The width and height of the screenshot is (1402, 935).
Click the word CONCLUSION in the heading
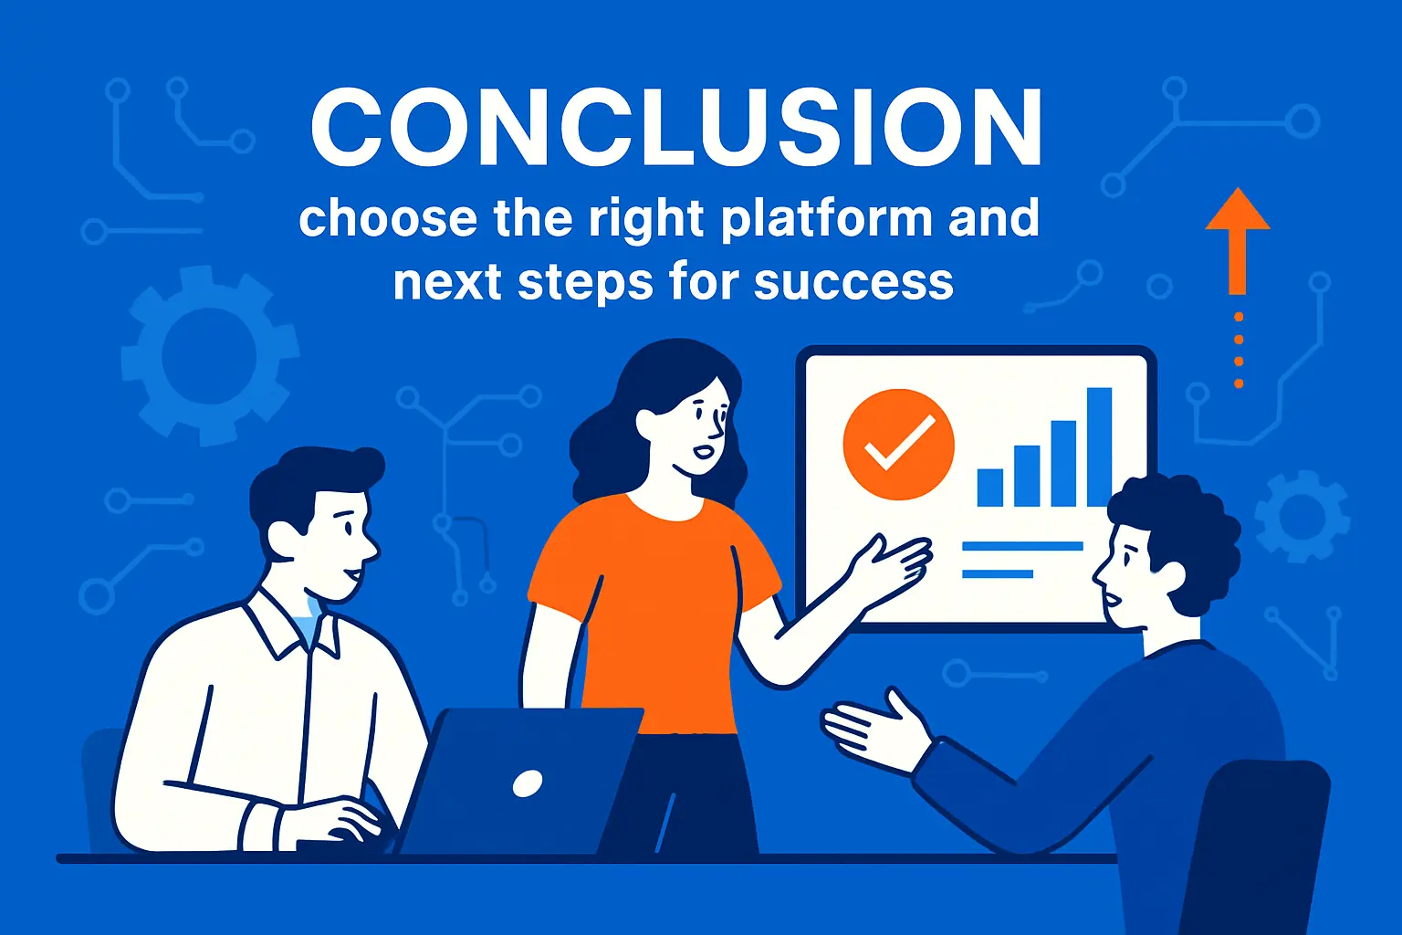[x=676, y=128]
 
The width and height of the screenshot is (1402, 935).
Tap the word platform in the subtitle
[x=827, y=219]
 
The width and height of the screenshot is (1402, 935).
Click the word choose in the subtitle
[x=388, y=219]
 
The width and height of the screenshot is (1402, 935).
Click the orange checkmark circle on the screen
[x=899, y=445]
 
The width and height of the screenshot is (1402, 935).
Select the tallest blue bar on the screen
[x=1099, y=446]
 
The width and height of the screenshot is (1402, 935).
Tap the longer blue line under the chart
[x=1022, y=546]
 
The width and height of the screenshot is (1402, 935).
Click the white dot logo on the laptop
[x=528, y=783]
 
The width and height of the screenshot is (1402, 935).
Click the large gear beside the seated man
[x=209, y=355]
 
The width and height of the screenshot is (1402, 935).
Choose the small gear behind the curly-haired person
[x=1302, y=516]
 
